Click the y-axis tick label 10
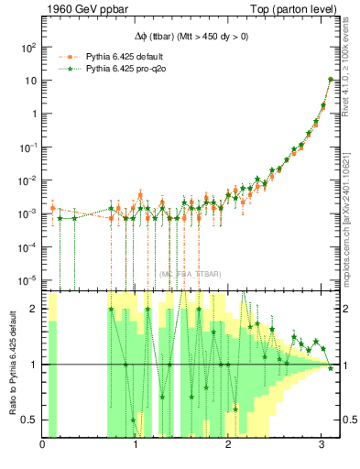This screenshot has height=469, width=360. pyautogui.click(x=30, y=81)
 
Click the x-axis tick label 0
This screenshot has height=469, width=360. pyautogui.click(x=43, y=446)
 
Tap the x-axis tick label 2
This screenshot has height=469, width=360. pyautogui.click(x=228, y=446)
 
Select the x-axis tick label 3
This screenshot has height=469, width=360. pyautogui.click(x=321, y=446)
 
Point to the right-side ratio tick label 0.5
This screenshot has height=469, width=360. pyautogui.click(x=349, y=420)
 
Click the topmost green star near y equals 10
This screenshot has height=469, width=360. pyautogui.click(x=330, y=80)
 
